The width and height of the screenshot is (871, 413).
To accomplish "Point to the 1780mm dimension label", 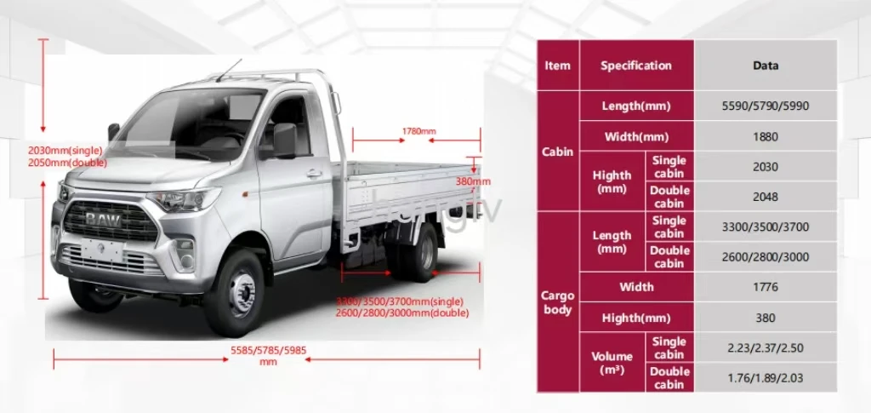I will point(418,131).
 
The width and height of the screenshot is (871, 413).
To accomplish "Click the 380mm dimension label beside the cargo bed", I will point(473,181).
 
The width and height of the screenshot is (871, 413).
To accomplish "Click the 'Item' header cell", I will point(558,66).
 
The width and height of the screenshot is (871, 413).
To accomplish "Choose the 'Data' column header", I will point(766,66).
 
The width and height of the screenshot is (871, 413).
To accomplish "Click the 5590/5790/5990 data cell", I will point(766,106).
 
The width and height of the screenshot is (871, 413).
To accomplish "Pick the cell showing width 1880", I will point(766,136).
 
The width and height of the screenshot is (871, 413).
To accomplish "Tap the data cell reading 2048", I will point(766,197).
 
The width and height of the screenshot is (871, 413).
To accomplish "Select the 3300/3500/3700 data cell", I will point(766,227).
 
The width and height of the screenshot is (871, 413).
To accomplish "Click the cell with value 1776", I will point(766,287).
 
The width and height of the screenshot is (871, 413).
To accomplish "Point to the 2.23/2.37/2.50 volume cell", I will point(766,347).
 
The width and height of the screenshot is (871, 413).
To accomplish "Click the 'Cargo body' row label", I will point(558,302).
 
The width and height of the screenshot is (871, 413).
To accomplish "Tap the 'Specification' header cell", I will point(636,66).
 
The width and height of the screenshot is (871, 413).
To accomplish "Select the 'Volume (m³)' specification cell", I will point(612,362).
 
